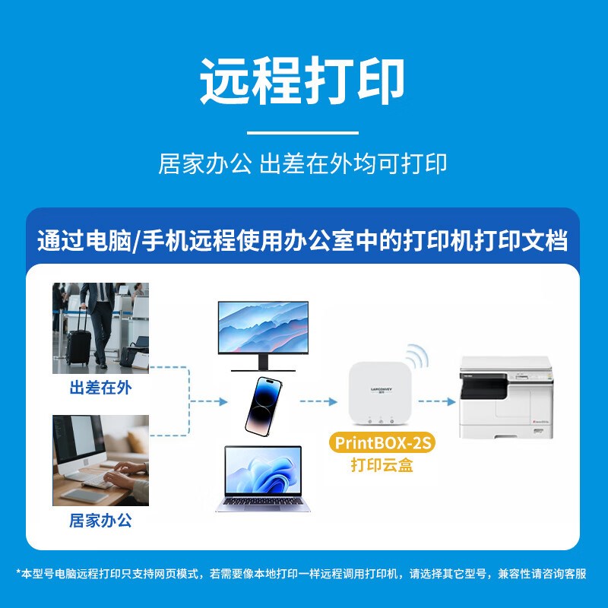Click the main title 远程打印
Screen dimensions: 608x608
[x=302, y=81]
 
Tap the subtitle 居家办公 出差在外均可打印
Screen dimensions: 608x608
[x=302, y=163]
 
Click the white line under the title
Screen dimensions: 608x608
[x=302, y=132]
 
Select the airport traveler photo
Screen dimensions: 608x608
[x=101, y=328]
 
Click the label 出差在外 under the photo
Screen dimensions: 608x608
[x=101, y=388]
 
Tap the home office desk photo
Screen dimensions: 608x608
[x=101, y=461]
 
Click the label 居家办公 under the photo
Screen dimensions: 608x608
[x=101, y=521]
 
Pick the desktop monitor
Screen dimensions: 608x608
[x=263, y=336]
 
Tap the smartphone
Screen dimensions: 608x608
[x=263, y=406]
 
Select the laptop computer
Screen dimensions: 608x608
[x=263, y=479]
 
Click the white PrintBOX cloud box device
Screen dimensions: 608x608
[x=379, y=394]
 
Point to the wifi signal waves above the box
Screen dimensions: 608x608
[x=417, y=356]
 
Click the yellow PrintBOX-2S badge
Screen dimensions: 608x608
[x=382, y=442]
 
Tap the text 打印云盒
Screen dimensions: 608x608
[x=382, y=465]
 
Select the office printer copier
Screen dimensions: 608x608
[x=506, y=397]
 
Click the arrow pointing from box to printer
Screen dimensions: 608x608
[x=437, y=402]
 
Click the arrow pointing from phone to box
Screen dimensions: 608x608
[x=318, y=402]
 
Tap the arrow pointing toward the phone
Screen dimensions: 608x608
[x=208, y=402]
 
